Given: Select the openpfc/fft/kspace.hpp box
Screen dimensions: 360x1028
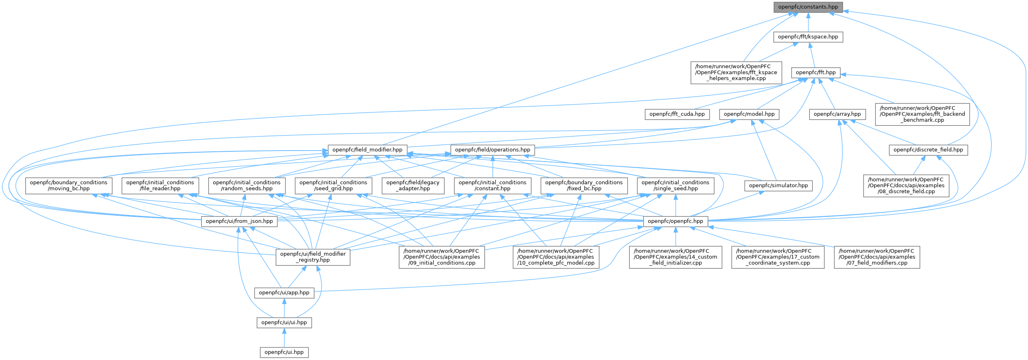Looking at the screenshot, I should pyautogui.click(x=808, y=37).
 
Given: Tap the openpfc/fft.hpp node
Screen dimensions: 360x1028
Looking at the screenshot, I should pyautogui.click(x=816, y=73).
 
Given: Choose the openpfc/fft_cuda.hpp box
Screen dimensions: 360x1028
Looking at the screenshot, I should pyautogui.click(x=677, y=114).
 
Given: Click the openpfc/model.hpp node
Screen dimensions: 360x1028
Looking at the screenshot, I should pyautogui.click(x=749, y=114).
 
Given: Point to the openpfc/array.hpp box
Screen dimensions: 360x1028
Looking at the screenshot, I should pyautogui.click(x=837, y=114).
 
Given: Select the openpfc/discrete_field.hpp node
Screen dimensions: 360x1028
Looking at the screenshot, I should pyautogui.click(x=928, y=150).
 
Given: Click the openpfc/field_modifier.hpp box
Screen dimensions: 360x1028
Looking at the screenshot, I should pyautogui.click(x=367, y=150).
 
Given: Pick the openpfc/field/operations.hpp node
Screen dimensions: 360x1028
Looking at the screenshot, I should pyautogui.click(x=492, y=150).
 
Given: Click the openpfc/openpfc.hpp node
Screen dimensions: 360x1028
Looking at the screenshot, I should pyautogui.click(x=676, y=221).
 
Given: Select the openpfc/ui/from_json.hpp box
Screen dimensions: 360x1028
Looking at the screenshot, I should pyautogui.click(x=239, y=221).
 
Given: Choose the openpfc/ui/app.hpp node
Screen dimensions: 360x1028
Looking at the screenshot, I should pyautogui.click(x=284, y=293).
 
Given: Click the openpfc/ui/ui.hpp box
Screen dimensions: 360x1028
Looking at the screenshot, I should pyautogui.click(x=284, y=323).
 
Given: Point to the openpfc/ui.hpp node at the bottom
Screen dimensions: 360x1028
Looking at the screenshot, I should pyautogui.click(x=284, y=352).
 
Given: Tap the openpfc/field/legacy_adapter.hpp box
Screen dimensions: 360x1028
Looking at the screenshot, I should pyautogui.click(x=412, y=185).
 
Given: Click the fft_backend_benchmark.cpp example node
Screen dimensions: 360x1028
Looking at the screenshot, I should pyautogui.click(x=922, y=114).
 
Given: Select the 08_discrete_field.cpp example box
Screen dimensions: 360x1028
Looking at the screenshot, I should pyautogui.click(x=906, y=185).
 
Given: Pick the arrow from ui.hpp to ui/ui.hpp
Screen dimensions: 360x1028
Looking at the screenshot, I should pyautogui.click(x=284, y=338).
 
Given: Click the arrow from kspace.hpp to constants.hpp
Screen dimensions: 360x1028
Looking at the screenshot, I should pyautogui.click(x=808, y=22).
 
